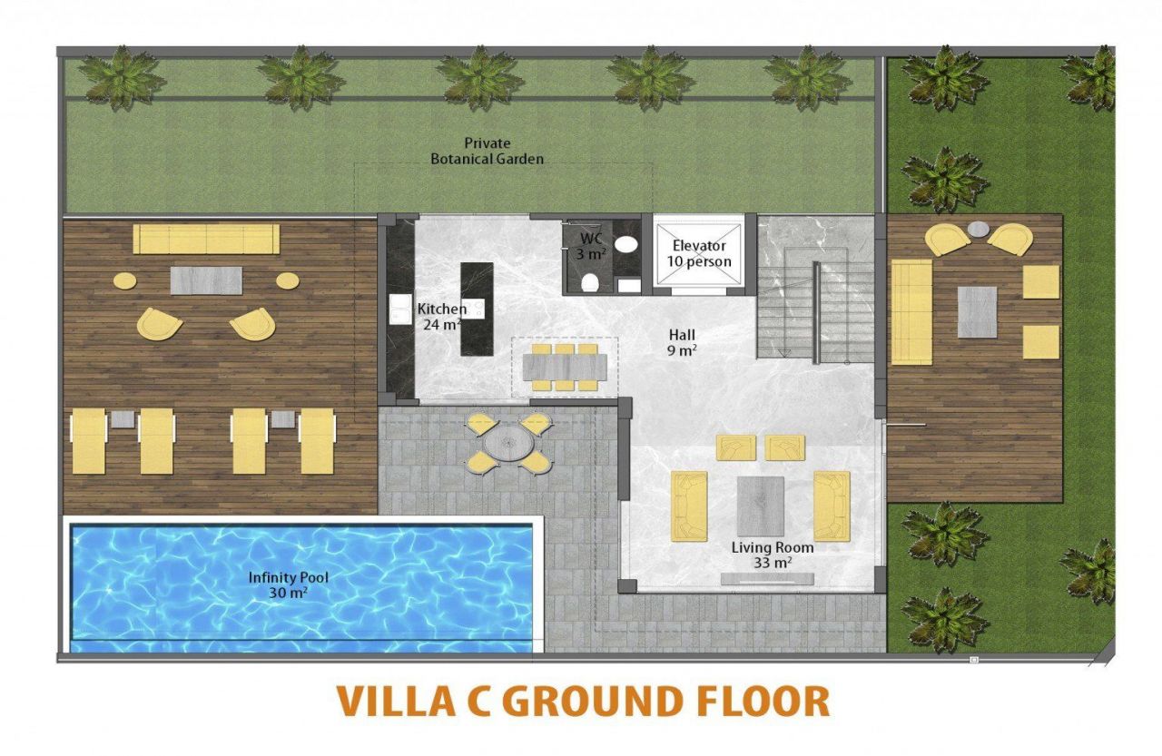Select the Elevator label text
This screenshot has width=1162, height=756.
[x=699, y=245]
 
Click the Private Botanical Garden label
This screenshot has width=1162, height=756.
[x=487, y=151]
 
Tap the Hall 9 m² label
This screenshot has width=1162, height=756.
[x=682, y=342]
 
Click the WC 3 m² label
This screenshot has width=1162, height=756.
[x=591, y=246]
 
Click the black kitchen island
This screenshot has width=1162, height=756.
[x=477, y=309]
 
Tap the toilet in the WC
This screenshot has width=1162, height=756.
[x=590, y=283]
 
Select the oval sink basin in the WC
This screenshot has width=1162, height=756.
[x=626, y=244]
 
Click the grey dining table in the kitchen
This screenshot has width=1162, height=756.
[x=565, y=367]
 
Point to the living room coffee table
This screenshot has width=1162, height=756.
[x=760, y=506]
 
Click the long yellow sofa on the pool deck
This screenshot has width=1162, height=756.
[x=206, y=239]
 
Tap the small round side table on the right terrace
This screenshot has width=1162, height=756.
[x=979, y=229]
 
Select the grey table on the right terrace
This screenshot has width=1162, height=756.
[x=977, y=312]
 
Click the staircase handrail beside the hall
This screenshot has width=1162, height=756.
[x=816, y=313]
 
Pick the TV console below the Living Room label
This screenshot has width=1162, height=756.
[x=767, y=578]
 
